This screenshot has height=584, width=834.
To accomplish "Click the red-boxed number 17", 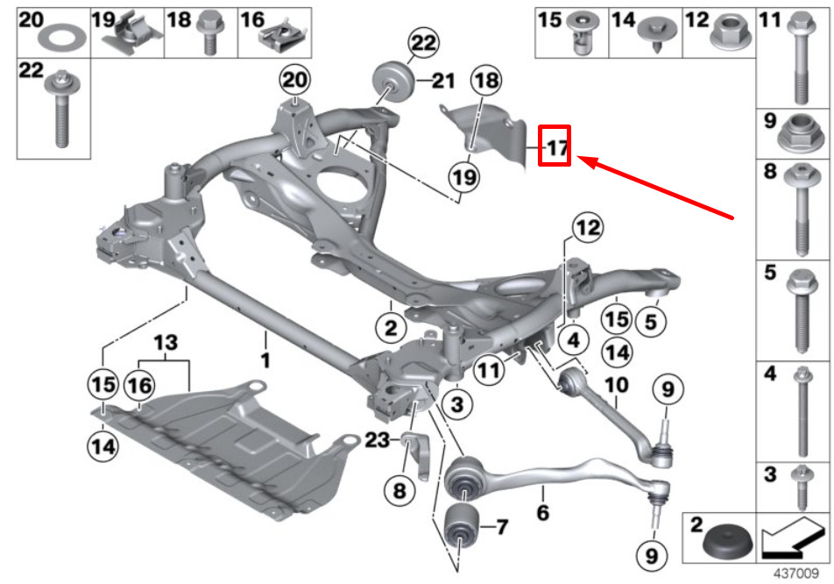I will click(x=556, y=147).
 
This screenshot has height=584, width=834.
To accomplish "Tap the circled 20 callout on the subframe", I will click(x=294, y=82).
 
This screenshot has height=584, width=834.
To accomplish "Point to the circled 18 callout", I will click(x=486, y=82).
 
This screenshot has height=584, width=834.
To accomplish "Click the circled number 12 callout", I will click(x=589, y=230).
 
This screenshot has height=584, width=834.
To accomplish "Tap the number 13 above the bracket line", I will click(x=166, y=340).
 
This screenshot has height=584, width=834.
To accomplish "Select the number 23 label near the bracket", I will click(x=376, y=442).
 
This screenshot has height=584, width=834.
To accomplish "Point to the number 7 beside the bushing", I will click(x=501, y=528).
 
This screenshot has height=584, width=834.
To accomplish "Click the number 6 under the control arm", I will click(x=543, y=512).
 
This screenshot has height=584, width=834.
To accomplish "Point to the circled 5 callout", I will click(x=650, y=323).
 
